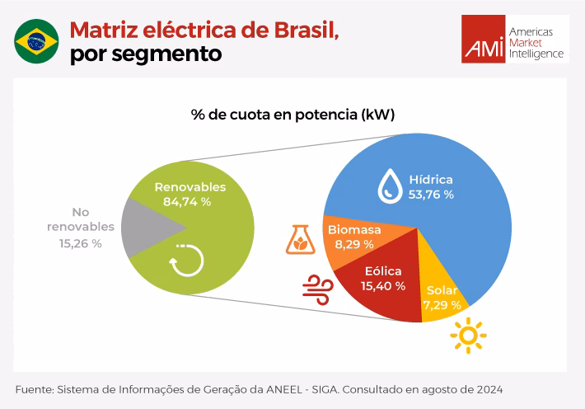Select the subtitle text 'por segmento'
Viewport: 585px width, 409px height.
[146, 55]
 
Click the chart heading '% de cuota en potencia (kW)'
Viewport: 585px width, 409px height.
[292, 115]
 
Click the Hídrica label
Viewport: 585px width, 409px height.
[432, 179]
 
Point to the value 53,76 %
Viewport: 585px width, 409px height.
[432, 195]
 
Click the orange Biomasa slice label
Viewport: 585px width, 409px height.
[354, 229]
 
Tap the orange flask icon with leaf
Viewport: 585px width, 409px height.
[300, 237]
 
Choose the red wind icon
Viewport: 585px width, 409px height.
[317, 289]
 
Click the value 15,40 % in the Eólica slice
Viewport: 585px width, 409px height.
[382, 286]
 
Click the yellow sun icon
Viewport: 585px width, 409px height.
[468, 336]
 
